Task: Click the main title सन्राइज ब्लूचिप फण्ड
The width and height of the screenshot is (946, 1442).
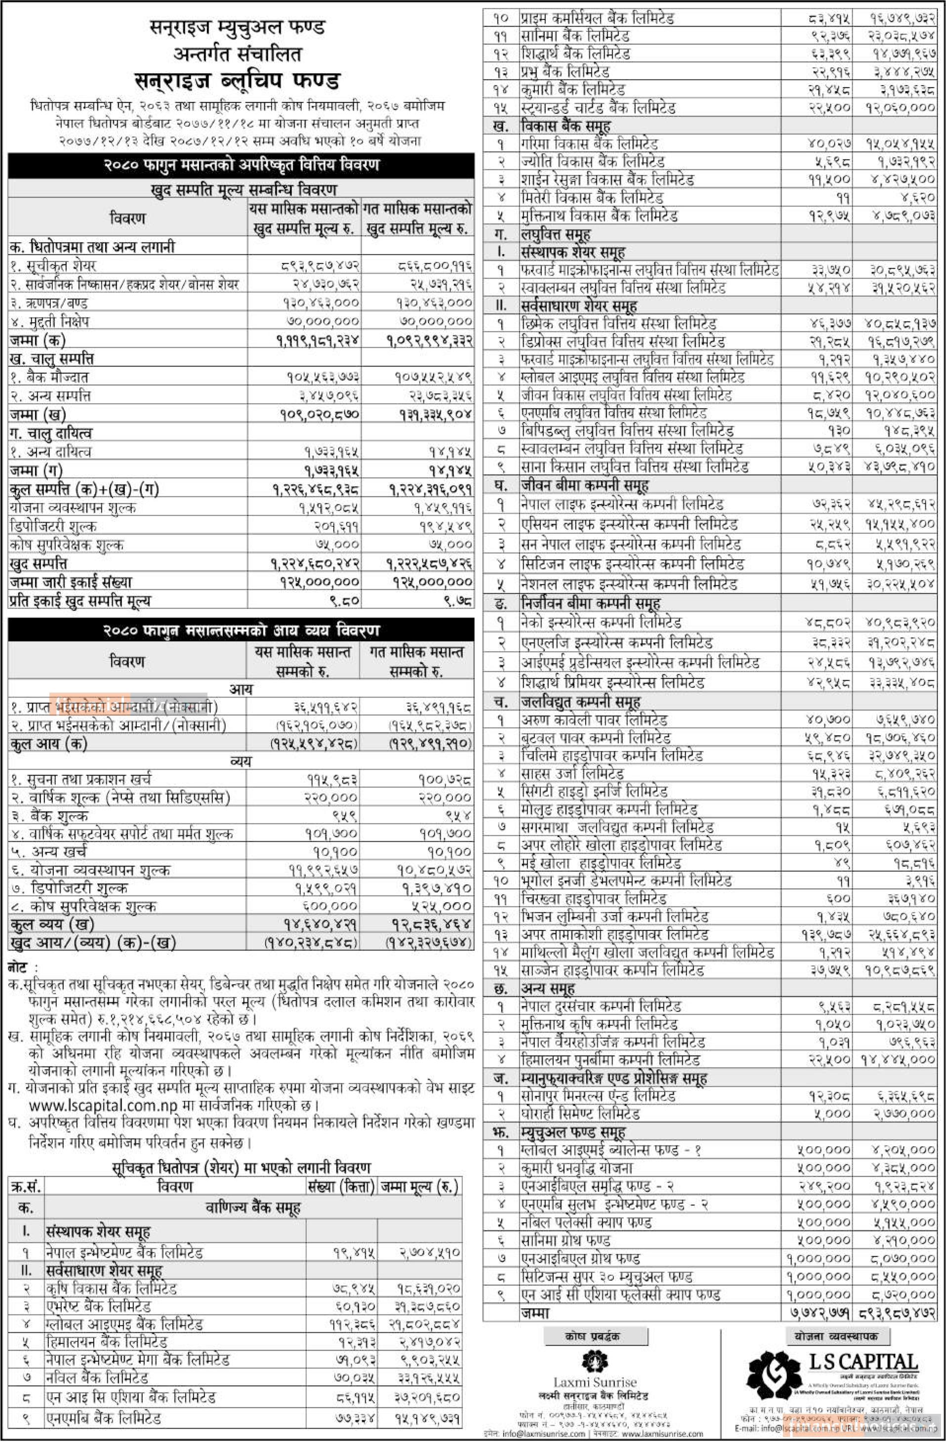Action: pos(237,80)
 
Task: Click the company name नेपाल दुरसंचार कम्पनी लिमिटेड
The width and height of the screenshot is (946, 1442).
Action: pos(601,1006)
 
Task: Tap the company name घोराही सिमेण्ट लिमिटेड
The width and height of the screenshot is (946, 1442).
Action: pos(580,1113)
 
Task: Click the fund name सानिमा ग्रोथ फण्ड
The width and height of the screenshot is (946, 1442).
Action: pos(566,1240)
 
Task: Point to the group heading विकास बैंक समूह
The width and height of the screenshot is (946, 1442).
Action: pos(566,126)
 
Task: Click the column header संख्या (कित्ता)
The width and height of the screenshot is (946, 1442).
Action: pos(341,1186)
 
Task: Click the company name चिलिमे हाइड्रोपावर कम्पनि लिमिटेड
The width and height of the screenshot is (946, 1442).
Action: pos(612,755)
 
